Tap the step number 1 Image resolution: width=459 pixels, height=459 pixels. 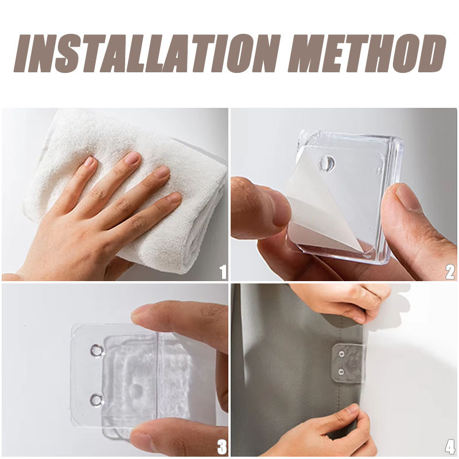click(223, 272)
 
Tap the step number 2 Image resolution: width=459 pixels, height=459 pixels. click(450, 272)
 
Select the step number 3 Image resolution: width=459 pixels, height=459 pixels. click(222, 447)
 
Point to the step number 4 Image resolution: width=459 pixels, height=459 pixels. click(450, 447)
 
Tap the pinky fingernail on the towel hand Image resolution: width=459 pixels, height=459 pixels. click(175, 197)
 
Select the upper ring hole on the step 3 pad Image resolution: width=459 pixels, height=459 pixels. click(96, 351)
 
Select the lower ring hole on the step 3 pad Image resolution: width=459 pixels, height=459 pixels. click(96, 400)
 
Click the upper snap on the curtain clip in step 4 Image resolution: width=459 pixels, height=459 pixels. click(341, 354)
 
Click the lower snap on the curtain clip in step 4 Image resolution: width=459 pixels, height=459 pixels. click(341, 372)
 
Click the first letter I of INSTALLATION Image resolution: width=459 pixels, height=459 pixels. click(24, 53)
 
